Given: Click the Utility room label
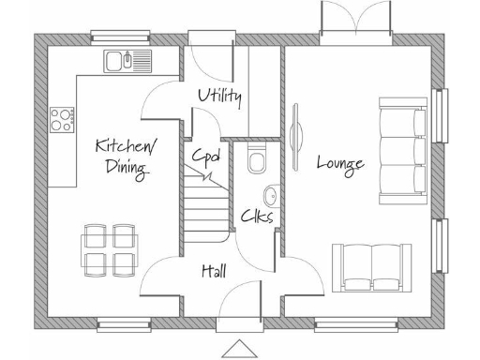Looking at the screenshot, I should tap(220, 97).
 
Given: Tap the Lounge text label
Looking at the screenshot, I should tap(339, 163).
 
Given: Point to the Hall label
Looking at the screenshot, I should tap(214, 271).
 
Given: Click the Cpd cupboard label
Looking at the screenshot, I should tap(206, 156).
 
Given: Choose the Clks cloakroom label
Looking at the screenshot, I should tap(256, 217).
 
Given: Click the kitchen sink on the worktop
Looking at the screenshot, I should tap(127, 62).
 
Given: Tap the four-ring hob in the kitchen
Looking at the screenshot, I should tap(62, 119).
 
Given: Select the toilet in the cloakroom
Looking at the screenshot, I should tap(256, 161).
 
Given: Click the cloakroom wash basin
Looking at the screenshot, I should tap(270, 197).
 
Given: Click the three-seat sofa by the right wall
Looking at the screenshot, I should tap(402, 150).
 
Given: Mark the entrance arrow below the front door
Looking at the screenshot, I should tap(240, 348).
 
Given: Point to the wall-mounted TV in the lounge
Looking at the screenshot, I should tap(296, 136).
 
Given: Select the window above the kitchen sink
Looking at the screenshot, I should tap(121, 37).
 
